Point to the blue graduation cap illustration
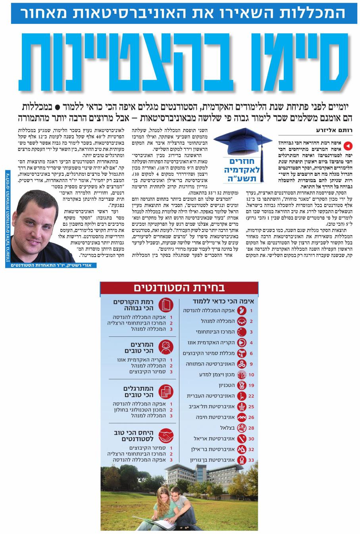tap(237, 142)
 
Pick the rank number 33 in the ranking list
tap(251, 460)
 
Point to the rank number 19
tap(251, 385)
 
